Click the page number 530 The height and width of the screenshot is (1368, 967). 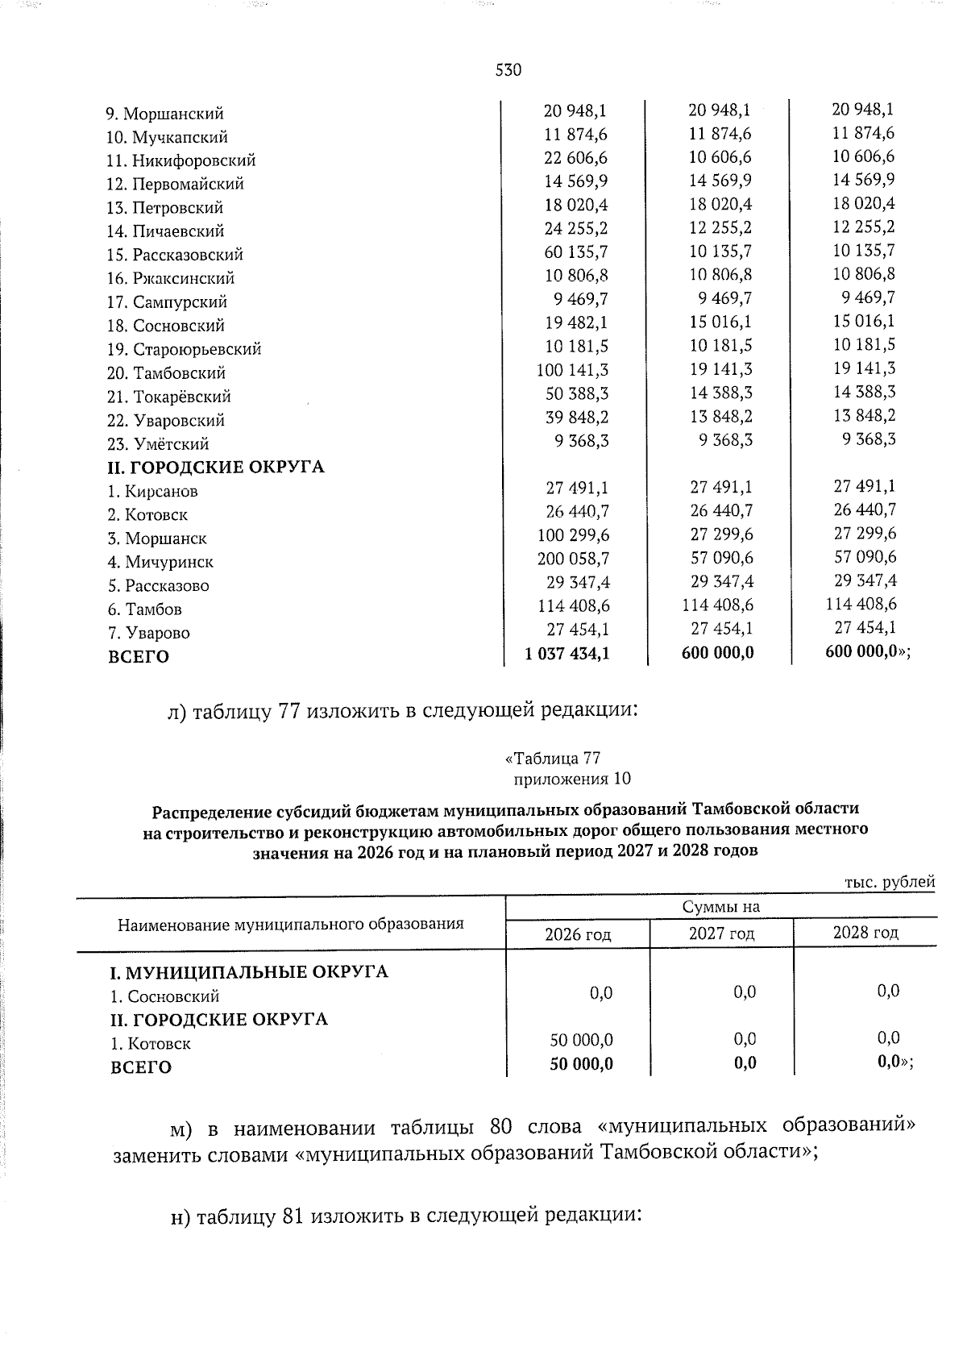click(x=508, y=70)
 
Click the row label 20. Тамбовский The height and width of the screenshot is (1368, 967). click(x=167, y=373)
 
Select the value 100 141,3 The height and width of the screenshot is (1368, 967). click(x=572, y=370)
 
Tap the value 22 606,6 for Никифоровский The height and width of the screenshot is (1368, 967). click(x=575, y=157)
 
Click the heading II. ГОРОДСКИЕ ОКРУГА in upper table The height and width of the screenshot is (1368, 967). click(x=216, y=467)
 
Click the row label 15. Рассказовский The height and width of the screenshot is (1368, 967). click(x=176, y=255)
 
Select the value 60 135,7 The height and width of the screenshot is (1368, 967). click(x=575, y=252)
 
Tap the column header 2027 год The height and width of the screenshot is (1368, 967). click(x=721, y=933)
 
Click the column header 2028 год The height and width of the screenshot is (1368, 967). click(x=865, y=933)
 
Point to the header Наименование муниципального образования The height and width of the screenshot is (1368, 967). click(x=291, y=924)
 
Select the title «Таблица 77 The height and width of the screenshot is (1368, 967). click(x=553, y=759)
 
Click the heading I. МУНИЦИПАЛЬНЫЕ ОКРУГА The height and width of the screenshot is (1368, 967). click(x=249, y=972)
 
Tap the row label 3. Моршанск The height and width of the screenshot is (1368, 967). click(x=158, y=538)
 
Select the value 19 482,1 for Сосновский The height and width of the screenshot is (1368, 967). click(x=575, y=322)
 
